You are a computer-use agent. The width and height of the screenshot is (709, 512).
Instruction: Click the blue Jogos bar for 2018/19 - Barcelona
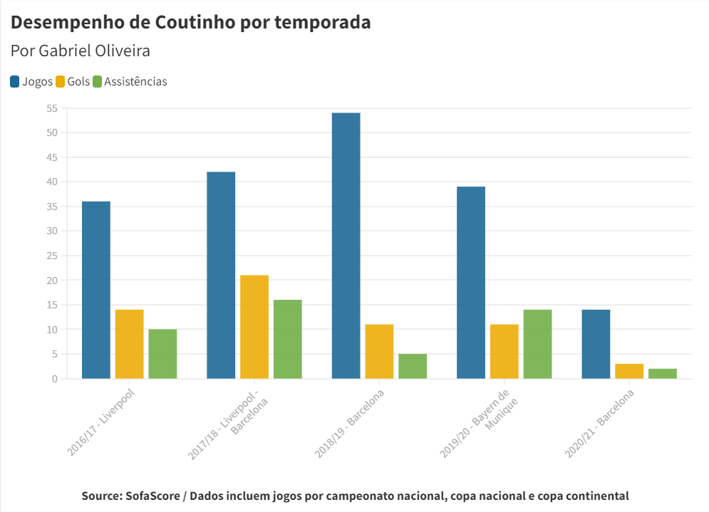[x=346, y=246]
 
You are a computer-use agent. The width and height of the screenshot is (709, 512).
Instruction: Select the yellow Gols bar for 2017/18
[x=254, y=327]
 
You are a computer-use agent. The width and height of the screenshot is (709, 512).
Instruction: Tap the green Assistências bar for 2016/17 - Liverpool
[x=162, y=354]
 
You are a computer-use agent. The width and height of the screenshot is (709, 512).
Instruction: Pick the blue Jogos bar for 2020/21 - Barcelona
[x=596, y=344]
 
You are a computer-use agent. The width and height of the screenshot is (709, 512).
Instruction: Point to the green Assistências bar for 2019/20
[x=537, y=344]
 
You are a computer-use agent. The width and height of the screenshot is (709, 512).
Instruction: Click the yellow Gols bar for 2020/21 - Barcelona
[x=629, y=371]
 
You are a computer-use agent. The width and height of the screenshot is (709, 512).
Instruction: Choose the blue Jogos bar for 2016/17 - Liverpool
[x=96, y=290]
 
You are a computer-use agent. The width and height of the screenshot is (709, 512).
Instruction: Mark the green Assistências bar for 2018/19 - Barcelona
[x=413, y=366]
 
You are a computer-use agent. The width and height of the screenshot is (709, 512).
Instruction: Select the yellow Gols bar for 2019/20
[x=504, y=351]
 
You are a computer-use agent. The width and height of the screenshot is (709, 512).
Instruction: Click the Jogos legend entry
[x=31, y=81]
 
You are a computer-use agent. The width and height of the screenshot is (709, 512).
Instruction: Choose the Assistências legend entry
[x=129, y=81]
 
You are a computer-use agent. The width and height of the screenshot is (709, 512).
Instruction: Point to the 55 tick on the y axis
[x=51, y=108]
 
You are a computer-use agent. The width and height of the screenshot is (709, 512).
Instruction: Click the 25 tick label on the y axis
[x=51, y=256]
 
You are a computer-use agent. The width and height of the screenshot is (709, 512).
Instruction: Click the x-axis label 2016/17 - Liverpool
[x=102, y=422]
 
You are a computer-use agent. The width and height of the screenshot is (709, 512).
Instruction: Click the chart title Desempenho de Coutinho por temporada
[x=191, y=22]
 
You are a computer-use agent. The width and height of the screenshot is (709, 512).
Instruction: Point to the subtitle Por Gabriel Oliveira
[x=81, y=51]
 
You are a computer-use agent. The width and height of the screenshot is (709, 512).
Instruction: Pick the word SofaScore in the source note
[x=156, y=496]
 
